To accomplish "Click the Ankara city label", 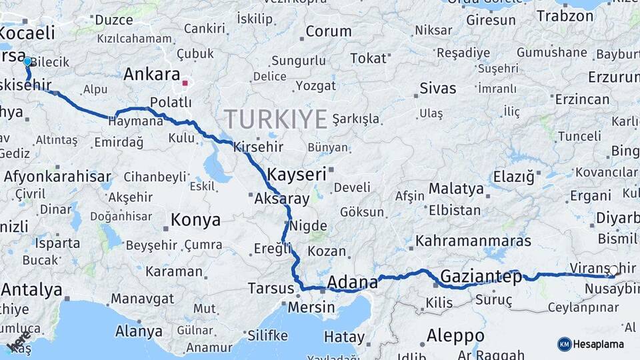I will pyautogui.click(x=152, y=74).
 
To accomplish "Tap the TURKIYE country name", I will pyautogui.click(x=275, y=119).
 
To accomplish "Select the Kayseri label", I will pyautogui.click(x=296, y=175).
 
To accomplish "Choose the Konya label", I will pyautogui.click(x=195, y=220).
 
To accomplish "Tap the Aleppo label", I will pyautogui.click(x=455, y=335).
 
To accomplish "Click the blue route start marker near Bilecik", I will pyautogui.click(x=27, y=61).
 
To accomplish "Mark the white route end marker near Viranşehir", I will pyautogui.click(x=614, y=271).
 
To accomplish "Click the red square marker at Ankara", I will pyautogui.click(x=186, y=84).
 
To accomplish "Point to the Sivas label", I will pyautogui.click(x=438, y=88).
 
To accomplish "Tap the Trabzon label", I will pyautogui.click(x=565, y=15).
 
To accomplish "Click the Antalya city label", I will pyautogui.click(x=32, y=290).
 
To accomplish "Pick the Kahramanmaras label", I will pyautogui.click(x=473, y=241).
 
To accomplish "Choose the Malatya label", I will pyautogui.click(x=456, y=189).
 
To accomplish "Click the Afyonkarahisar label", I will pyautogui.click(x=57, y=177).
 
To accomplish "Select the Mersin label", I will pyautogui.click(x=311, y=307).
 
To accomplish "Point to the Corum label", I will pyautogui.click(x=329, y=31).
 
